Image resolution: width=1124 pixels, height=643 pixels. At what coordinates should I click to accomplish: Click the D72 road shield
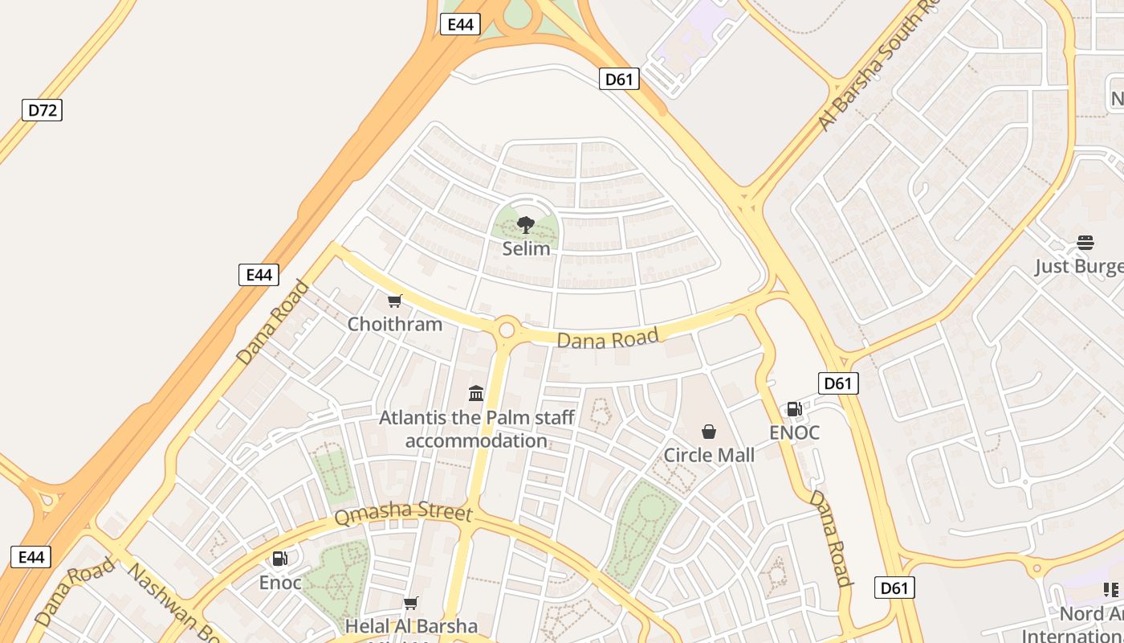42,110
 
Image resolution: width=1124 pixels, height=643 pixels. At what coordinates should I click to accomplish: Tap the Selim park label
527,248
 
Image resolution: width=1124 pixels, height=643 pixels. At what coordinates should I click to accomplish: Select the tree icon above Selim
526,224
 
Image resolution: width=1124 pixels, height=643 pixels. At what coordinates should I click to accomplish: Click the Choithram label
394,324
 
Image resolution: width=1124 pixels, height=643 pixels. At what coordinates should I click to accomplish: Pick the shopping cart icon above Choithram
394,301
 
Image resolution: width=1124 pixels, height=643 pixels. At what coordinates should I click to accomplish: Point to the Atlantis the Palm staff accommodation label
476,429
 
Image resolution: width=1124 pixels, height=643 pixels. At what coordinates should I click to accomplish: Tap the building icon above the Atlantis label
476,393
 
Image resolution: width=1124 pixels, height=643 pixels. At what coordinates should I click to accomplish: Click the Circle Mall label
709,455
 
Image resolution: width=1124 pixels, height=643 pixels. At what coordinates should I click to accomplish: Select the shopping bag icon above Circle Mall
709,432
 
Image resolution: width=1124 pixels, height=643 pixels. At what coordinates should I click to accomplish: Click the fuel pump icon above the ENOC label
794,409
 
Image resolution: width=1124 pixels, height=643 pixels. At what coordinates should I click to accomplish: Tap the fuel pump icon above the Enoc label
279,559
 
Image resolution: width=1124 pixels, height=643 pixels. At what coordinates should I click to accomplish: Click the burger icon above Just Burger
1085,243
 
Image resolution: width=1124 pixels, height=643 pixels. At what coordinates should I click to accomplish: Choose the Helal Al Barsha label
411,626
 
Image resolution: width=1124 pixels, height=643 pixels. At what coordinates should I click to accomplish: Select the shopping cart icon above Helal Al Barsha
411,603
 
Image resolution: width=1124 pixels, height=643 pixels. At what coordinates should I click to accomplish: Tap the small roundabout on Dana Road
507,330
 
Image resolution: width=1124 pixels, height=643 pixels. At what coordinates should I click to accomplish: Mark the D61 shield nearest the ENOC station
837,383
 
